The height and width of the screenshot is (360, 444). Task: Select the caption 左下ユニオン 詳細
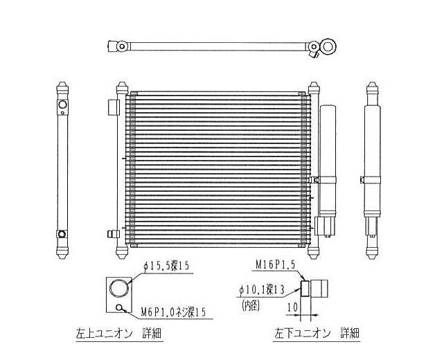[x=317, y=334]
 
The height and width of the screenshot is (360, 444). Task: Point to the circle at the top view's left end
[x=122, y=46]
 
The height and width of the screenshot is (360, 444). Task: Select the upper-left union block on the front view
[x=114, y=111]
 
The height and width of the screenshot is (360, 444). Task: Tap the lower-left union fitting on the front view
[x=110, y=233]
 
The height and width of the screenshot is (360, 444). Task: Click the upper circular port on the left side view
[x=62, y=106]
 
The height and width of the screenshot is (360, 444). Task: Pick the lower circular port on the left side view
[x=62, y=233]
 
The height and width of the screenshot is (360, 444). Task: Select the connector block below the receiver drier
[x=324, y=226]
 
